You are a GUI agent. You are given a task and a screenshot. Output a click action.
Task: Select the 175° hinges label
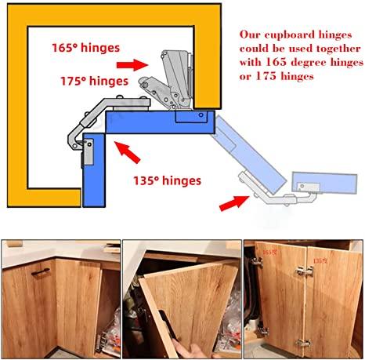tap(94, 80)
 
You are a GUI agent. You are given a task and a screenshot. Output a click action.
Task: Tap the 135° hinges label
tap(166, 180)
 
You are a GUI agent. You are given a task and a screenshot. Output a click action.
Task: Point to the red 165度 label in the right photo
tap(270, 254)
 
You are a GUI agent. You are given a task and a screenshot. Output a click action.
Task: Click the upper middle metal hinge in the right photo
tap(302, 271)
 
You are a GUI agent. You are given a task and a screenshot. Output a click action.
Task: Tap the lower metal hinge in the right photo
tap(302, 343)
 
